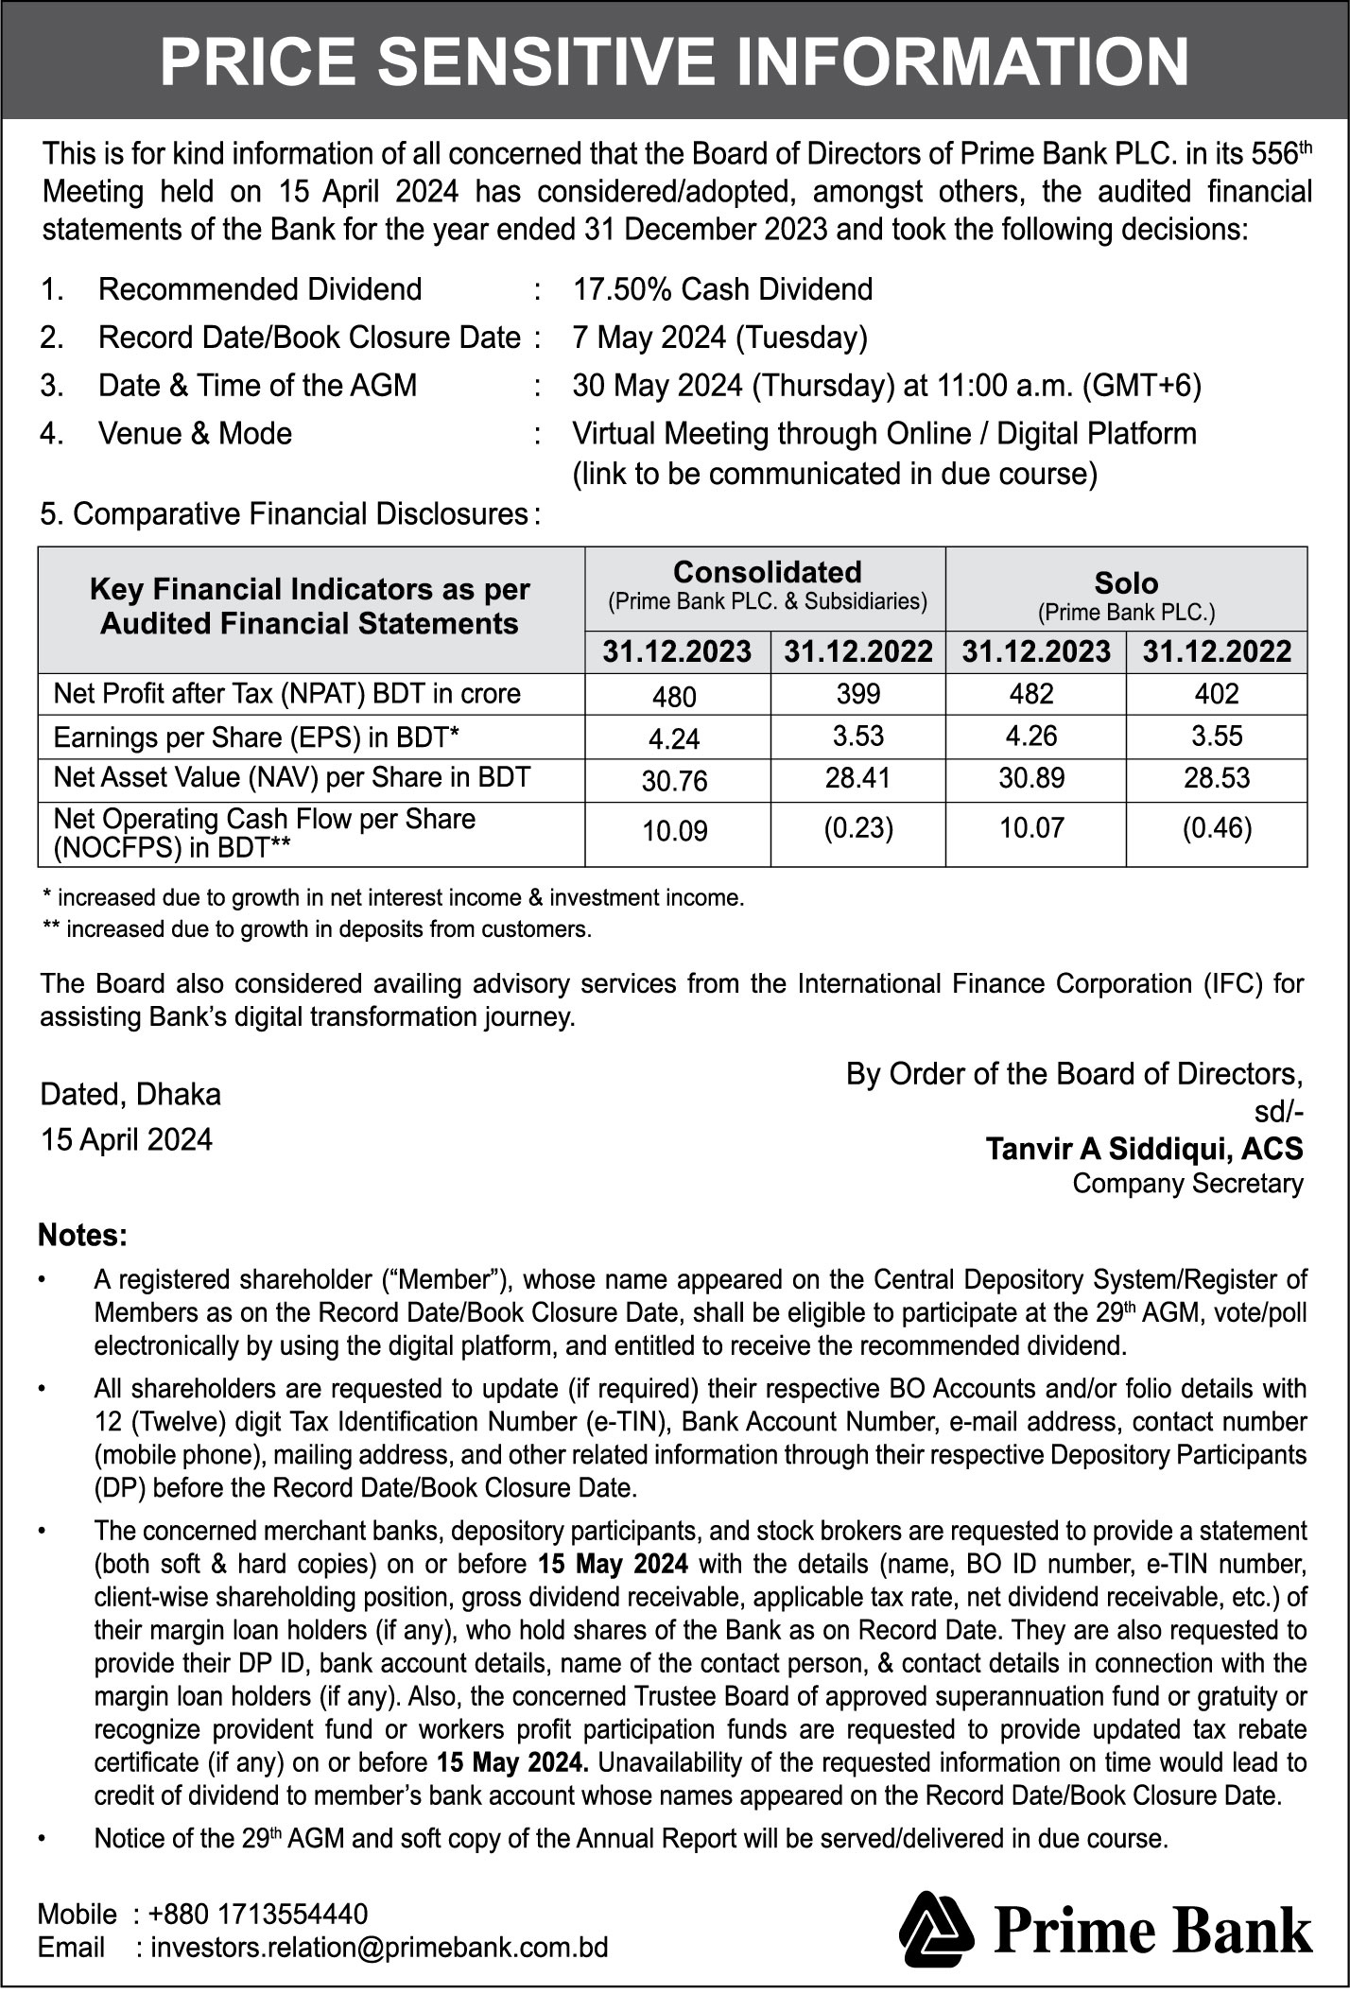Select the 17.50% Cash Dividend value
[722, 289]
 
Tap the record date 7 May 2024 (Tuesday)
[719, 338]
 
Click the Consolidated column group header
[767, 573]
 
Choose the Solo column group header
[1126, 582]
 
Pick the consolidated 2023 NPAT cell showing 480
[674, 697]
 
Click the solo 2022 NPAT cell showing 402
[1216, 694]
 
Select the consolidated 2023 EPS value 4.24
[674, 738]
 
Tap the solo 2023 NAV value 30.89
[1031, 778]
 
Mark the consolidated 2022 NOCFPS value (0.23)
[857, 828]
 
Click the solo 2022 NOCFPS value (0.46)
[1216, 828]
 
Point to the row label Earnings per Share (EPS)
[256, 737]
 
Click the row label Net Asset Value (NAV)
[291, 777]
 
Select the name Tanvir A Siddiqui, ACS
[1144, 1149]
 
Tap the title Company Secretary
[1187, 1183]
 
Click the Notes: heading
[82, 1236]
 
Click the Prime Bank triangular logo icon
[935, 1929]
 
